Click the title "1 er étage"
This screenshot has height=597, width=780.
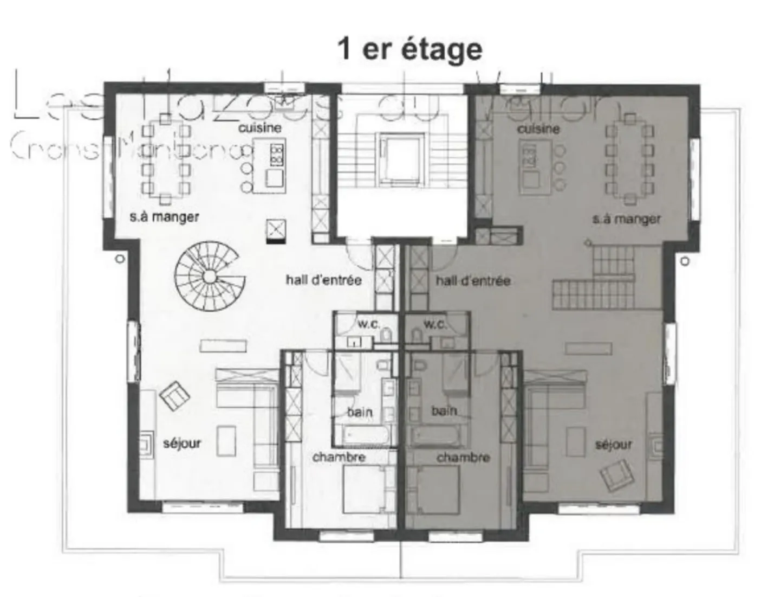[x=409, y=49]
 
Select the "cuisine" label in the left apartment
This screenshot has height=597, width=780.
[x=260, y=128]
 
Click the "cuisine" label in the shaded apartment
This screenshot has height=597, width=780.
[x=538, y=129]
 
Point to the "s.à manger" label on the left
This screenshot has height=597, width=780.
[x=164, y=217]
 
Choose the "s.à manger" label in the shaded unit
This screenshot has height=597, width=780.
[x=626, y=219]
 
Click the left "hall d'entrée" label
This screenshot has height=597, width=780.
[x=323, y=280]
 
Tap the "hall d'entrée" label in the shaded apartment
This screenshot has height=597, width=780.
[x=473, y=280]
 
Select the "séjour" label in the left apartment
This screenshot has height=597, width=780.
[x=182, y=443]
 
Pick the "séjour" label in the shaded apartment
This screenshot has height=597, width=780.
[x=613, y=445]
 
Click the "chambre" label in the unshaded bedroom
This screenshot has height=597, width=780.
[x=339, y=457]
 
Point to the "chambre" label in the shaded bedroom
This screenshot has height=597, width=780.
[x=463, y=458]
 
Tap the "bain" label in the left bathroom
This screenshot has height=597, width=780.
[x=360, y=412]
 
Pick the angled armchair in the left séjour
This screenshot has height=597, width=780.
[x=174, y=396]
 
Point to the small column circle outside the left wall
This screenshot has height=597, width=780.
[x=120, y=259]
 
